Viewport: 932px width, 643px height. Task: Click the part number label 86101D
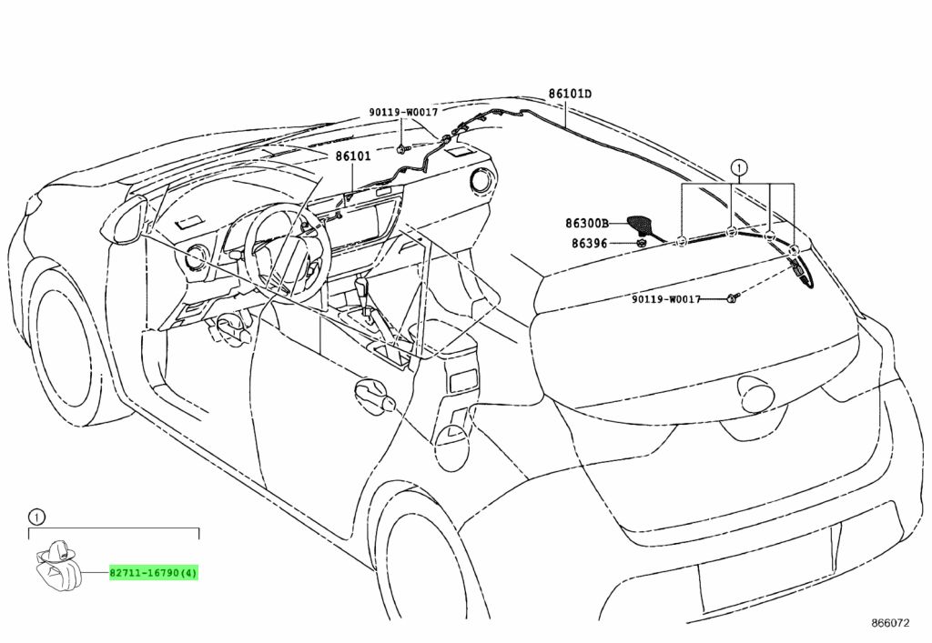pyautogui.click(x=570, y=94)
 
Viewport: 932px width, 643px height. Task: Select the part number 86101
pyautogui.click(x=352, y=156)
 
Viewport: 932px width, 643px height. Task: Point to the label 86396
pyautogui.click(x=590, y=243)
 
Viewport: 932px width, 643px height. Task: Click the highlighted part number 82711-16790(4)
pyautogui.click(x=154, y=574)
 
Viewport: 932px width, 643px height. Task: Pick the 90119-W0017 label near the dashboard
pyautogui.click(x=403, y=112)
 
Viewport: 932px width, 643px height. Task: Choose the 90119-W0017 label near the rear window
pyautogui.click(x=666, y=299)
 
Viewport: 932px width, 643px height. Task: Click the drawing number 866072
pyautogui.click(x=891, y=623)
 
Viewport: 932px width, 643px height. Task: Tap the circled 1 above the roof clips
pyautogui.click(x=739, y=167)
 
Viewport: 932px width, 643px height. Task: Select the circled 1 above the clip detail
pyautogui.click(x=35, y=517)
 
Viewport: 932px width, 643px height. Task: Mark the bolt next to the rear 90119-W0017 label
pyautogui.click(x=732, y=299)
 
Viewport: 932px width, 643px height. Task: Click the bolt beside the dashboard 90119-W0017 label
pyautogui.click(x=401, y=147)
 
